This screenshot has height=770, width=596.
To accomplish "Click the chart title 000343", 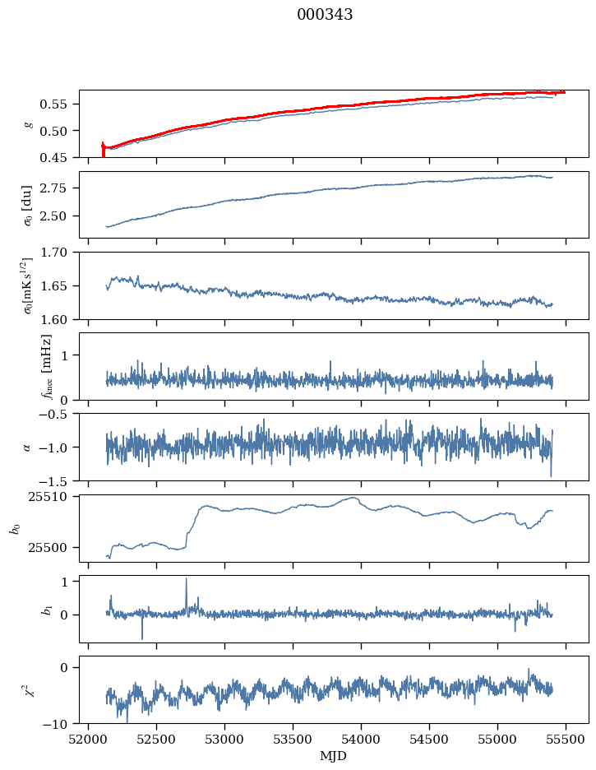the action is [x=325, y=15].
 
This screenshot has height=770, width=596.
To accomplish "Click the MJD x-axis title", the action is [x=333, y=756].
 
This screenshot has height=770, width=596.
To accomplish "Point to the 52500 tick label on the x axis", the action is [x=156, y=740].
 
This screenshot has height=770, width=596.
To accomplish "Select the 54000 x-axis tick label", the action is [x=361, y=740].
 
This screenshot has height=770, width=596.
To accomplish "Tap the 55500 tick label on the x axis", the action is [x=566, y=740].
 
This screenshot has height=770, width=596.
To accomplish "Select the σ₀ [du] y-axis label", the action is [x=27, y=206].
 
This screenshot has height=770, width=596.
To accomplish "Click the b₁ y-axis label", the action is [x=47, y=610].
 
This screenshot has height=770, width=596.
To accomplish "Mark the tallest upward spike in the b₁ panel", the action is [x=187, y=579].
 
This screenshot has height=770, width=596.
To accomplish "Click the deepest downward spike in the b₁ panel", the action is [x=142, y=638].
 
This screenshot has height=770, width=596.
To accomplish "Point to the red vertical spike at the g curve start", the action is [x=103, y=150].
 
